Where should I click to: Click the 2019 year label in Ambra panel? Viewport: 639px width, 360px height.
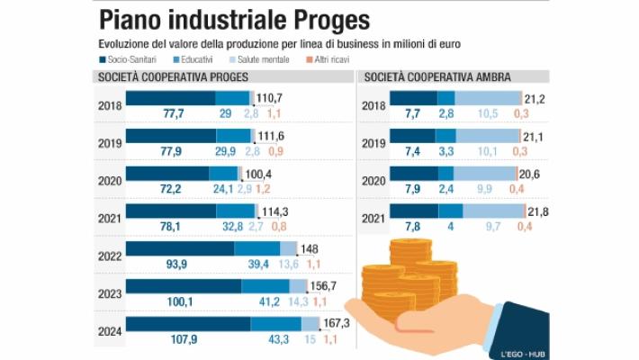coord(373,142)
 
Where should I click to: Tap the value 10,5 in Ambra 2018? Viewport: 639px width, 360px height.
coord(487,113)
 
